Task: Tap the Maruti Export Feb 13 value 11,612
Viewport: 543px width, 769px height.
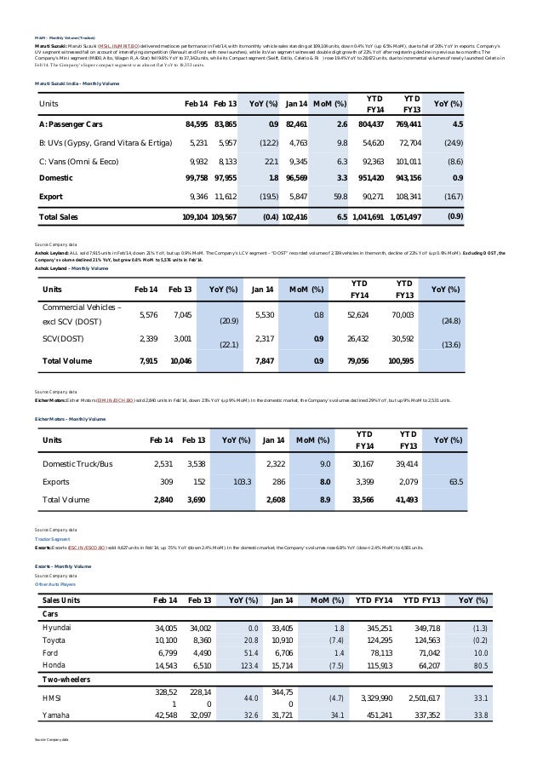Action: pos(226,196)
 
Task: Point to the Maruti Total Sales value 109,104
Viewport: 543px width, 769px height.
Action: pos(195,217)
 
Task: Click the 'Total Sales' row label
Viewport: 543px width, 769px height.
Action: pos(59,217)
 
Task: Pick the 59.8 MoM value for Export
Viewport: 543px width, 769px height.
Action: pos(337,196)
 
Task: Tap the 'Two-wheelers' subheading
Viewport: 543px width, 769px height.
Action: pos(69,680)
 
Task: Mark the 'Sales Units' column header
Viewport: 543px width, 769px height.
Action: pos(61,600)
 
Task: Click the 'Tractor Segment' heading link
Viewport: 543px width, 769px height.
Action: pos(53,539)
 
